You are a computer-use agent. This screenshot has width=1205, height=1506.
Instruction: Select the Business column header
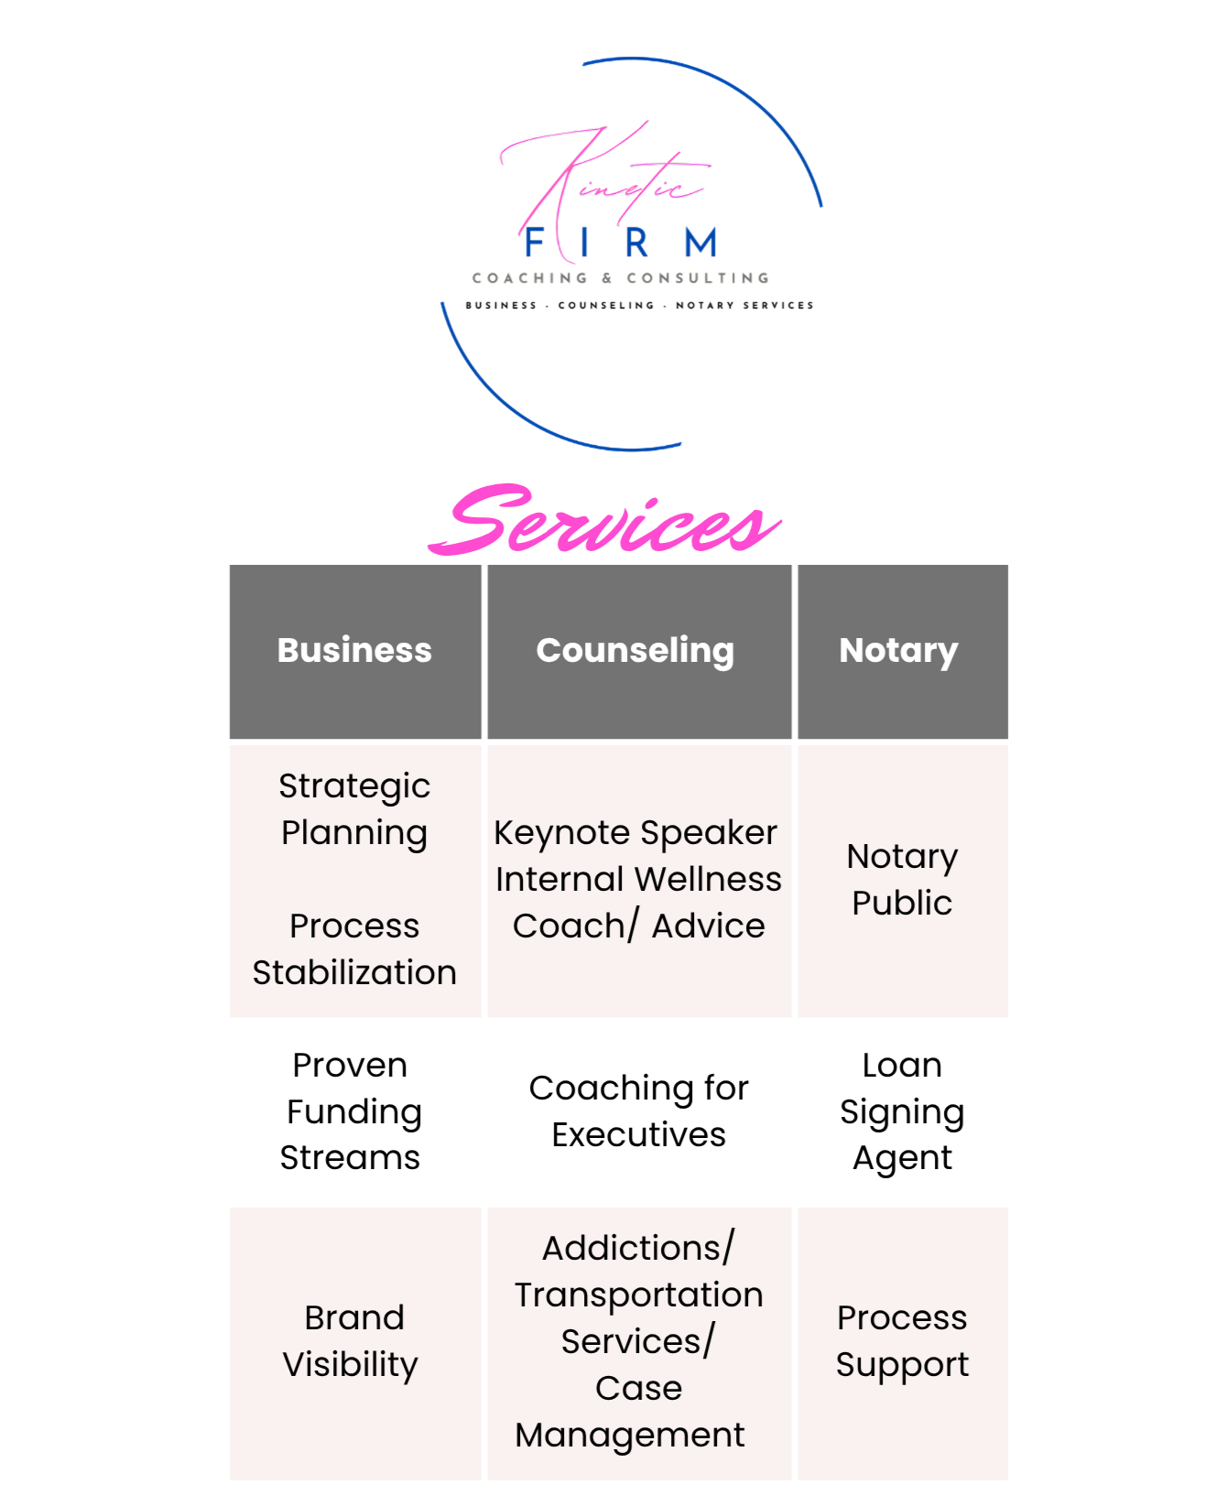354,650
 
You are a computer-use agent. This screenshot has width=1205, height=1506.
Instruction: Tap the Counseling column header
635,650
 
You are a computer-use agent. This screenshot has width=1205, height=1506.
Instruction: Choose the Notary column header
898,650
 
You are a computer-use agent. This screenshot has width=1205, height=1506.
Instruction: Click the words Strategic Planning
354,809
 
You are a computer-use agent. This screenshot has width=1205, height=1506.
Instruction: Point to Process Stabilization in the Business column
354,949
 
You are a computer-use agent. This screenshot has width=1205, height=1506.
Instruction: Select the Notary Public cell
902,880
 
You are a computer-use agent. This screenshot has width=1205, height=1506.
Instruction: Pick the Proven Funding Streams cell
353,1111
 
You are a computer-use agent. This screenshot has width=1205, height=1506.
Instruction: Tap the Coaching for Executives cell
638,1111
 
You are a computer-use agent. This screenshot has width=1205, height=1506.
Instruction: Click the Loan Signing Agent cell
902,1111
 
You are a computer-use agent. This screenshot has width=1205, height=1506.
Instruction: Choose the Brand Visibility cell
353,1341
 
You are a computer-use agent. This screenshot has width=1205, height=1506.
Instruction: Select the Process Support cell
902,1341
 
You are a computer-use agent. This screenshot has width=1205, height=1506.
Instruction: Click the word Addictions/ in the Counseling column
638,1249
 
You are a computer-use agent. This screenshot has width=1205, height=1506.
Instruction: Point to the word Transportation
638,1295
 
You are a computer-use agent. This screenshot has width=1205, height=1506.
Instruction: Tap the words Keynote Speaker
635,833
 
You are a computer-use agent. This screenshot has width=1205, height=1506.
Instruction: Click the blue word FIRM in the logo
621,244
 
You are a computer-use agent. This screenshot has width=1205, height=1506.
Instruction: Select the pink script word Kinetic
604,179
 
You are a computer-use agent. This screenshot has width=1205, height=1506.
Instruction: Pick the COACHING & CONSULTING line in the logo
621,278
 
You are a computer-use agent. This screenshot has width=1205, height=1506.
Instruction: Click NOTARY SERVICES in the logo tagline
744,306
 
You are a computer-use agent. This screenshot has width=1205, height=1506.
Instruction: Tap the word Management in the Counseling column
630,1436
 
